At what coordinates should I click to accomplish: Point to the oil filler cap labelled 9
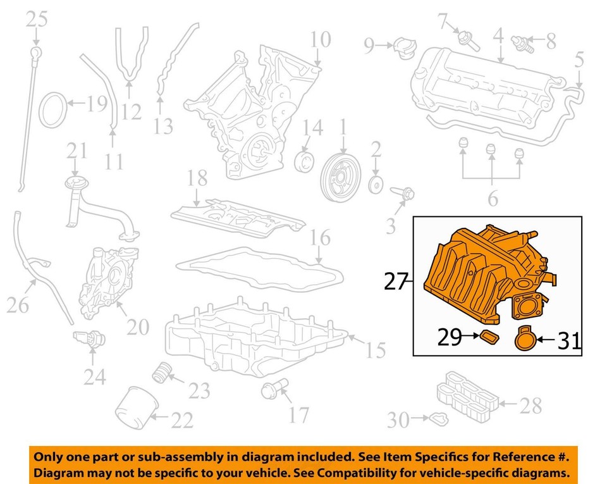405,48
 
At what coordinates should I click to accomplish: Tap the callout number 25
37,19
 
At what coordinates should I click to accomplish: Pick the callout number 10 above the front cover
321,39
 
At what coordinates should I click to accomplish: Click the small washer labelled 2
376,185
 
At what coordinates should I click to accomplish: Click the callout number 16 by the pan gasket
320,237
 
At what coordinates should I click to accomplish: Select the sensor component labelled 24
89,339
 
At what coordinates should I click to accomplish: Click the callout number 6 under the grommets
493,199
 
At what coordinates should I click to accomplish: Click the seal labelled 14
304,162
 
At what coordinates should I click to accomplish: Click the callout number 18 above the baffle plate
197,178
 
